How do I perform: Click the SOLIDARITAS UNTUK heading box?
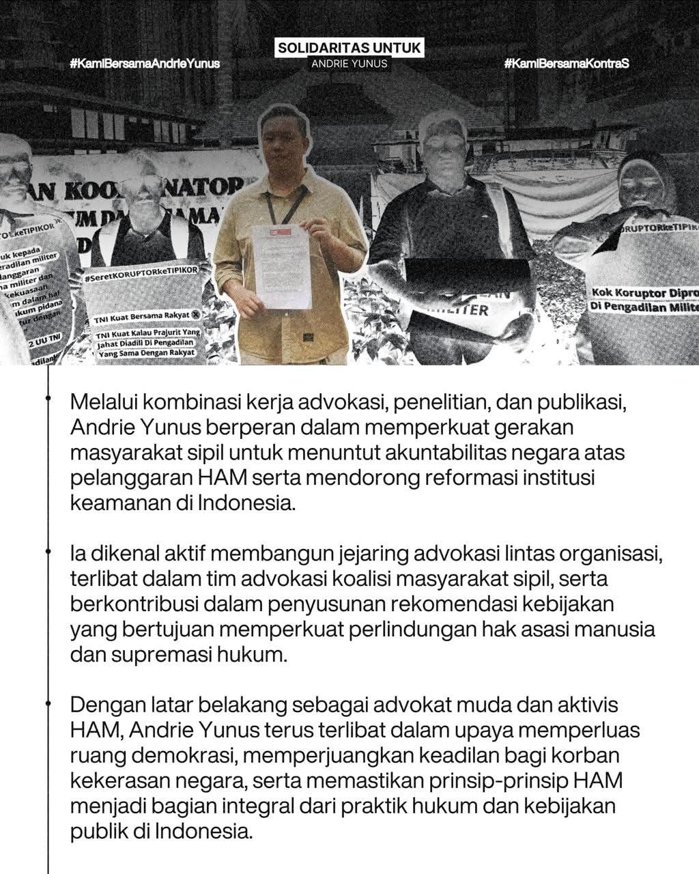click(x=349, y=48)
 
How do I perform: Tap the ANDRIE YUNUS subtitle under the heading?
click(x=349, y=64)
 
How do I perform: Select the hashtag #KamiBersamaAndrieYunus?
click(x=145, y=64)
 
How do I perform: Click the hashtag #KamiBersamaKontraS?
click(x=566, y=64)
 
